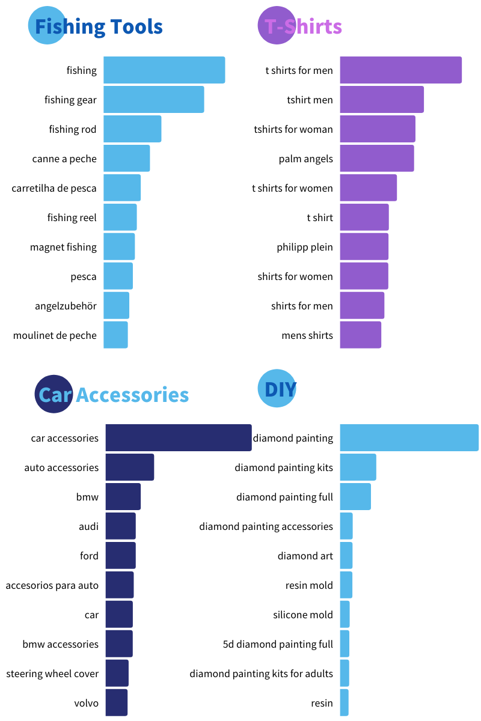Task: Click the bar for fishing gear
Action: coord(153,100)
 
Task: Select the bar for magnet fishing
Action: coord(119,247)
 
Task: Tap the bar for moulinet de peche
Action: coord(115,335)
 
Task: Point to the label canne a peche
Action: coord(64,159)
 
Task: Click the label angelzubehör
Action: coord(66,306)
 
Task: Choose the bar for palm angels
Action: coord(377,159)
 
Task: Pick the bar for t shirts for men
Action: coord(400,70)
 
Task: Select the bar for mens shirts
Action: coord(360,335)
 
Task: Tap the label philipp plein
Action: coord(305,247)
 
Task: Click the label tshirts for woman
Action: coord(293,129)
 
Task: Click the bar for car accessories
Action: coord(179,438)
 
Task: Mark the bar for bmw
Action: coord(123,497)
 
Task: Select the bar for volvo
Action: coord(117,703)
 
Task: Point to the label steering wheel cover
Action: coord(52,674)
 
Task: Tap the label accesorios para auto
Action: coord(52,585)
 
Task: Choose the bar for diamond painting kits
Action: coord(358,467)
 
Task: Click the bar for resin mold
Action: coord(346,585)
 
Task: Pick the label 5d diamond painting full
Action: coord(278,644)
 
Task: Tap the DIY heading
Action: coord(280,389)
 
